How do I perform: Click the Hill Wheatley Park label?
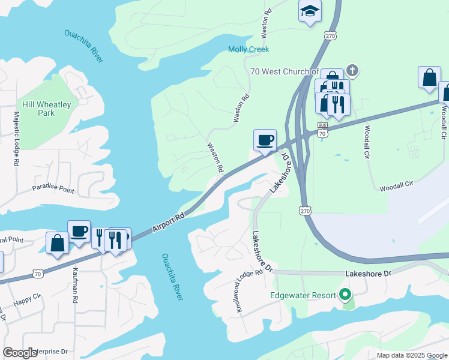tap(46, 109)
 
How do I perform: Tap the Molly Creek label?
tap(249, 49)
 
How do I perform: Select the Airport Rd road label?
tap(169, 217)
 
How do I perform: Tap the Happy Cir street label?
tap(29, 296)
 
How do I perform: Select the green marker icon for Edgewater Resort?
tap(345, 295)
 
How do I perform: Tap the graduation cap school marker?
tap(310, 11)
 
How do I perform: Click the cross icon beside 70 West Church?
tap(352, 71)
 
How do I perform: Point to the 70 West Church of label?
tap(284, 71)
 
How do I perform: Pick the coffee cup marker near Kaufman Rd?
tap(79, 232)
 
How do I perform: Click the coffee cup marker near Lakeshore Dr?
tap(265, 140)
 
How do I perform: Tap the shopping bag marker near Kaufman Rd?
tap(57, 243)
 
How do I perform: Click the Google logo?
tap(20, 353)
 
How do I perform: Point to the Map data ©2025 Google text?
tap(411, 355)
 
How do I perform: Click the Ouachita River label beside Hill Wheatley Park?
tap(84, 46)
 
